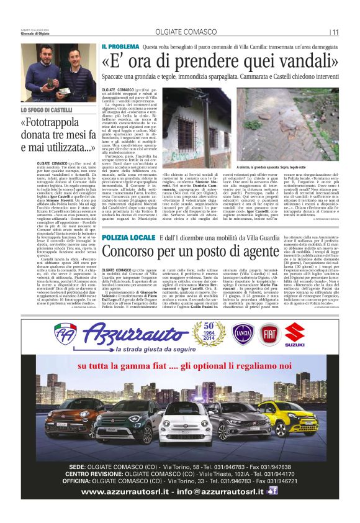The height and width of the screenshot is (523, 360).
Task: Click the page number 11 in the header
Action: click(x=335, y=32)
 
